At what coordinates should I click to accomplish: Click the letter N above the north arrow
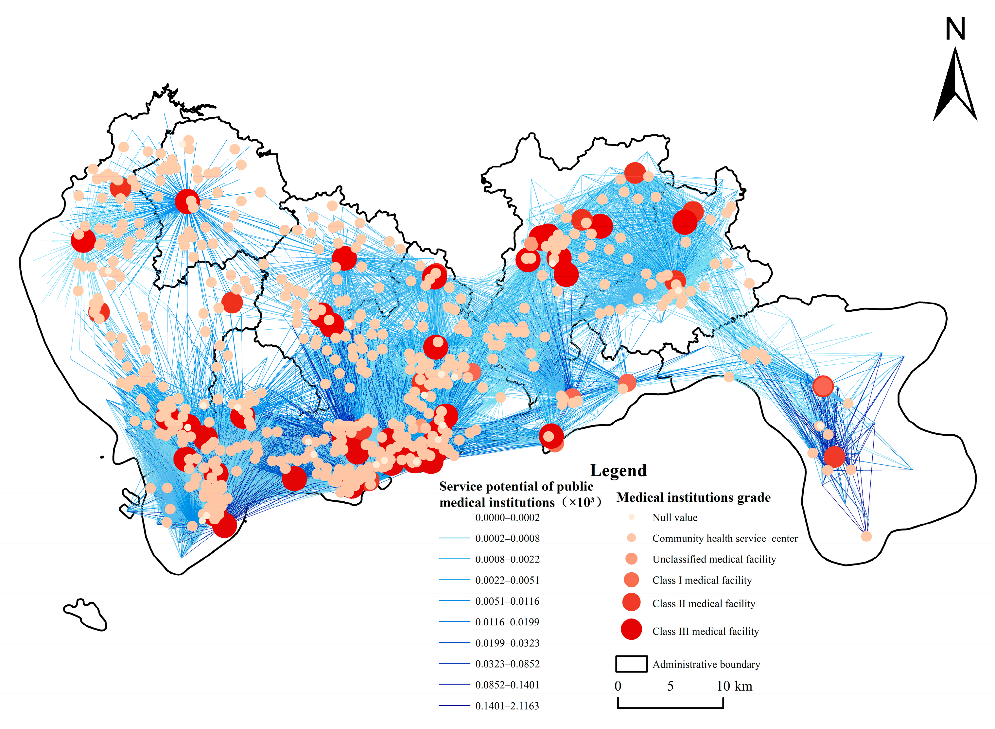pyautogui.click(x=955, y=29)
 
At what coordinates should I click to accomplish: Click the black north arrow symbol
pyautogui.click(x=954, y=88)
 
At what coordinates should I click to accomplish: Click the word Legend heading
pyautogui.click(x=618, y=470)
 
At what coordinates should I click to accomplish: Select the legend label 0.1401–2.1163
pyautogui.click(x=507, y=705)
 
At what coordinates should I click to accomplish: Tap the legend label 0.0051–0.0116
pyautogui.click(x=507, y=601)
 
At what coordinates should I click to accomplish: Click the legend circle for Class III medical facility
pyautogui.click(x=631, y=629)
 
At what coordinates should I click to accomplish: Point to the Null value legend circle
pyautogui.click(x=631, y=517)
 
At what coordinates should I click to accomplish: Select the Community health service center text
pyautogui.click(x=724, y=538)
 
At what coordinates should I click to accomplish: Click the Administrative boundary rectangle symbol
pyautogui.click(x=631, y=664)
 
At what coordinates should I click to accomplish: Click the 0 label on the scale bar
pyautogui.click(x=618, y=686)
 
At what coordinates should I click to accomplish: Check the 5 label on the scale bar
pyautogui.click(x=670, y=686)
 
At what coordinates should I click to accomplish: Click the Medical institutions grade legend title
pyautogui.click(x=693, y=497)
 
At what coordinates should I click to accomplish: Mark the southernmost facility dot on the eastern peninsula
pyautogui.click(x=866, y=536)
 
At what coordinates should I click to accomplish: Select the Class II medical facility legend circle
pyautogui.click(x=631, y=602)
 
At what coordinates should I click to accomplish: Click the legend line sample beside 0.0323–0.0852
pyautogui.click(x=454, y=663)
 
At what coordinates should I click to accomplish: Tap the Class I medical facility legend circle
pyautogui.click(x=631, y=580)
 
